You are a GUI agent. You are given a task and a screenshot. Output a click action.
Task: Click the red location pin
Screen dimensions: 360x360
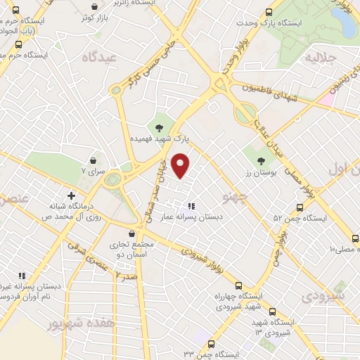pyautogui.click(x=181, y=166)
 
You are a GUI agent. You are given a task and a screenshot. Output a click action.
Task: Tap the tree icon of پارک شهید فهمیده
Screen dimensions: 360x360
pyautogui.click(x=160, y=127)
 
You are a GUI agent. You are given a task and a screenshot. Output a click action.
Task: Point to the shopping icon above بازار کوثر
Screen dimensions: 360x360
pyautogui.click(x=94, y=7)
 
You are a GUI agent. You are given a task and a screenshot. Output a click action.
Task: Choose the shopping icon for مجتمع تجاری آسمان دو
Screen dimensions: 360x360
pyautogui.click(x=131, y=234)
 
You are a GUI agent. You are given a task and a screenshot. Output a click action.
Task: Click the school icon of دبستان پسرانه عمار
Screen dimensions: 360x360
pyautogui.click(x=191, y=206)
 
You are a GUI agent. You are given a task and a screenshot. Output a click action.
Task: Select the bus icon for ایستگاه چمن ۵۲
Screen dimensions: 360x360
pyautogui.click(x=300, y=207)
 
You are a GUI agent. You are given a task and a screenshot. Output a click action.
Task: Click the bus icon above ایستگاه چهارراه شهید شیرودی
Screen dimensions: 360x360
pyautogui.click(x=238, y=285)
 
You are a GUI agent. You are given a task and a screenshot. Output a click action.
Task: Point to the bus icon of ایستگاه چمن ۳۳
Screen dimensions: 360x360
pyautogui.click(x=212, y=343)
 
